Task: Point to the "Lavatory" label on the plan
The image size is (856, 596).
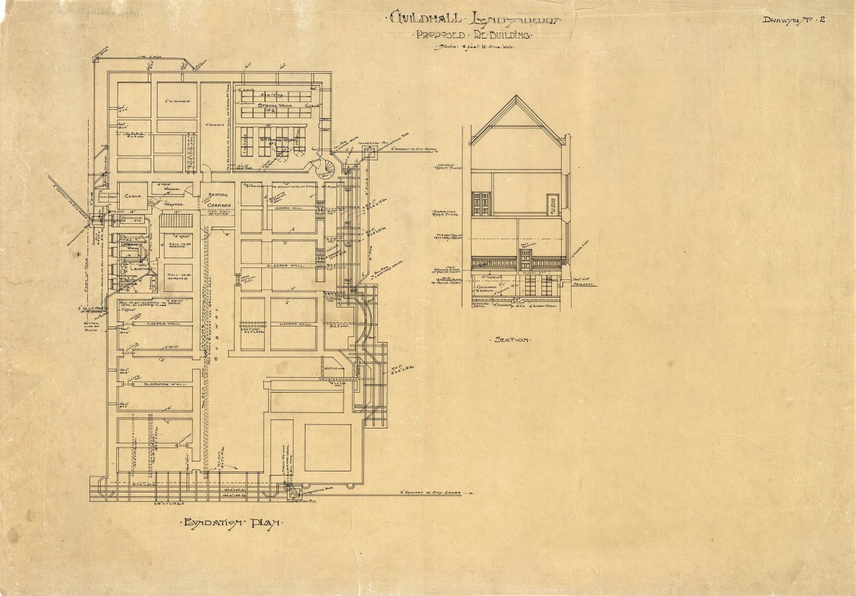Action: tap(141, 267)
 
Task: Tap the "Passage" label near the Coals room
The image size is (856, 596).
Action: tap(173, 205)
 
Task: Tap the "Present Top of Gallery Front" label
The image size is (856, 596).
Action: tap(448, 236)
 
